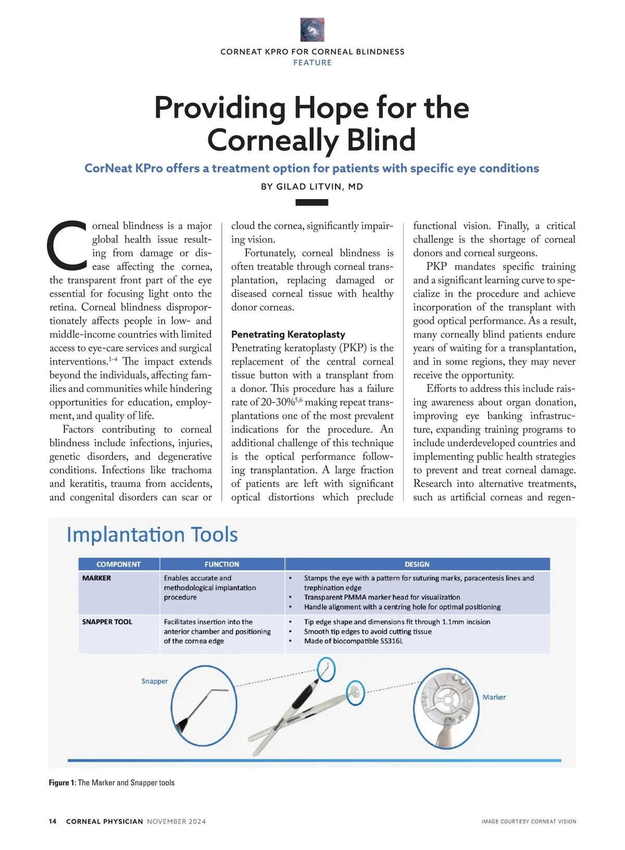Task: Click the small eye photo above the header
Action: [312, 30]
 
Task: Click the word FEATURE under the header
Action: [312, 63]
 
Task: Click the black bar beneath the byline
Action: [311, 202]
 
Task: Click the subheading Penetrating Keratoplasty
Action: [288, 334]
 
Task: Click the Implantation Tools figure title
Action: [152, 535]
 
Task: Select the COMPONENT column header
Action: [119, 564]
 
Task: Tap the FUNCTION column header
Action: [222, 564]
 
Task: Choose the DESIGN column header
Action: [417, 564]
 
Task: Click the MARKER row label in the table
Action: [97, 578]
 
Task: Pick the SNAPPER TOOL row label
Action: [107, 622]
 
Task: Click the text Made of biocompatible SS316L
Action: [354, 641]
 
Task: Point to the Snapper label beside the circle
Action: [155, 681]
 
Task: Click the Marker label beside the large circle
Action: [494, 697]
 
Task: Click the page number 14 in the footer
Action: [53, 821]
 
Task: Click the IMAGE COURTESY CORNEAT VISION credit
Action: [529, 821]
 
